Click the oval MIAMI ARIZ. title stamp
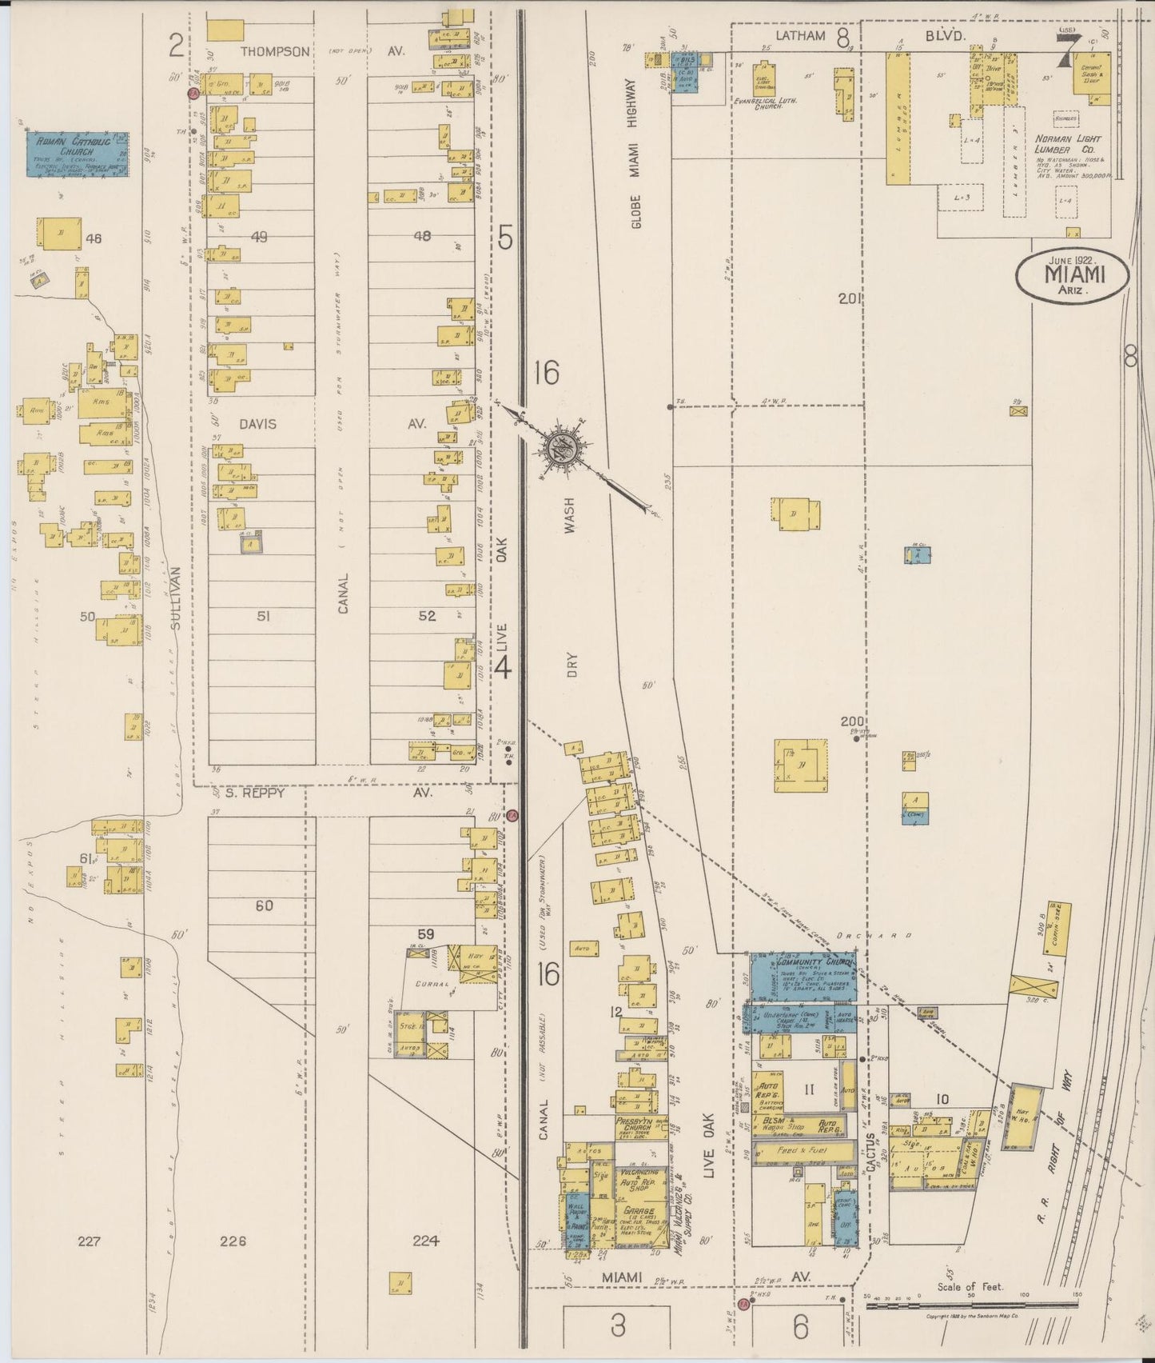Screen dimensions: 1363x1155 click(1073, 275)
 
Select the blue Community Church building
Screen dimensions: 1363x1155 click(802, 976)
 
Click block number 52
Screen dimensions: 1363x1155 click(428, 616)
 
